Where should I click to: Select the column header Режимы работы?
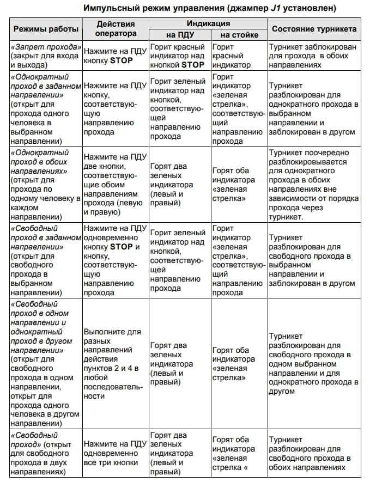click(x=46, y=29)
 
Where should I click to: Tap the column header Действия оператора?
click(x=116, y=28)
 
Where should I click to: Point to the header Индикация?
click(x=208, y=23)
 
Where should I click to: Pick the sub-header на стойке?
click(x=239, y=35)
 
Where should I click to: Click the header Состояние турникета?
click(x=314, y=29)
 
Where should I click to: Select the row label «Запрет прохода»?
click(x=46, y=47)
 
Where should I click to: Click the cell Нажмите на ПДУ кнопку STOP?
click(x=116, y=56)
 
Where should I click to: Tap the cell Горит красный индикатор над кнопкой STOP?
click(x=179, y=56)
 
